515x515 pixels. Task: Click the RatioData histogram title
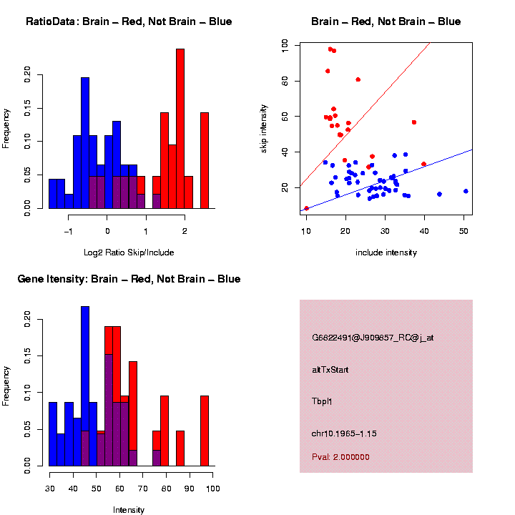pos(129,21)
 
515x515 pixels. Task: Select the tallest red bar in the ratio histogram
pos(180,129)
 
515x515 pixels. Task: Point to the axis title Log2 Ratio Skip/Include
pos(129,252)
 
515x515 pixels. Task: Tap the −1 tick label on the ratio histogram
pos(69,231)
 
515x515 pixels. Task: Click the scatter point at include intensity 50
pos(466,191)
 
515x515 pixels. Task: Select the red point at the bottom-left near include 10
pos(307,208)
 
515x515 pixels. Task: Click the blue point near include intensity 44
pos(439,194)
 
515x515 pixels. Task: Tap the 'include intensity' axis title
pos(386,252)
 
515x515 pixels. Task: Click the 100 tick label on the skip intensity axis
pos(285,44)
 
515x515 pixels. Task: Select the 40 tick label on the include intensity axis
pos(424,231)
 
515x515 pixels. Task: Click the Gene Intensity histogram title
pos(129,279)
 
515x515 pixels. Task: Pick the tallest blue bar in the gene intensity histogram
pos(85,386)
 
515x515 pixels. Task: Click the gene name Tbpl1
pos(322,401)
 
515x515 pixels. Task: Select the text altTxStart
pos(330,370)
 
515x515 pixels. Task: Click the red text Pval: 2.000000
pos(340,456)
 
